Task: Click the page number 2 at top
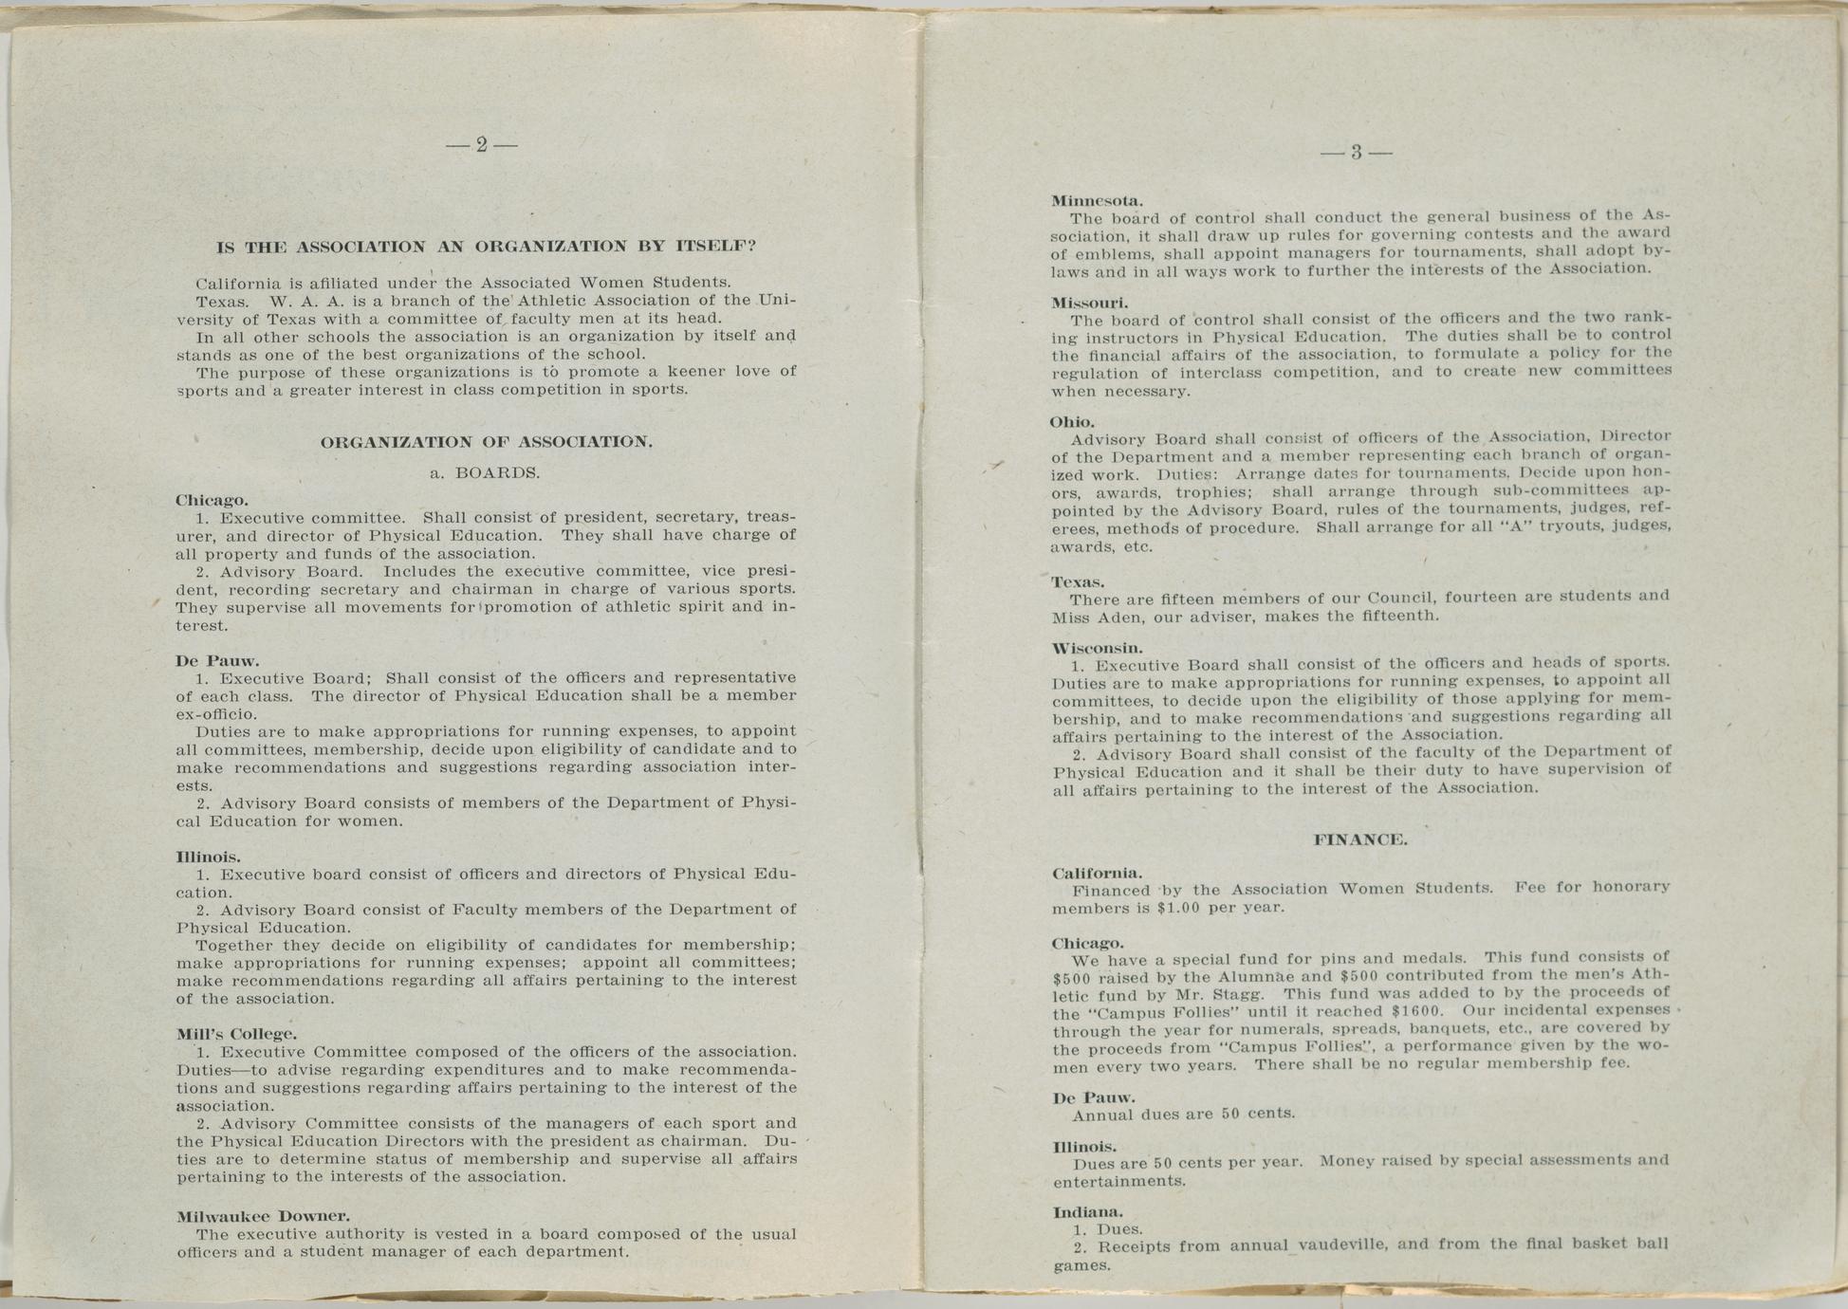point(481,145)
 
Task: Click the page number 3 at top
point(1357,152)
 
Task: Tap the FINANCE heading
point(1360,840)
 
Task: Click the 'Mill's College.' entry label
point(237,1034)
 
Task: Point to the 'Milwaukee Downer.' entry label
point(264,1216)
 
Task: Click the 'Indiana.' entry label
point(1088,1212)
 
